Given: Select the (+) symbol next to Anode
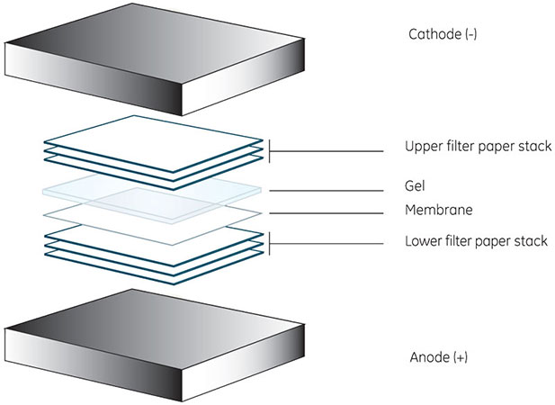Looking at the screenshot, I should tap(456, 357).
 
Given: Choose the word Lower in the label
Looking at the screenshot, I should tap(421, 242).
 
